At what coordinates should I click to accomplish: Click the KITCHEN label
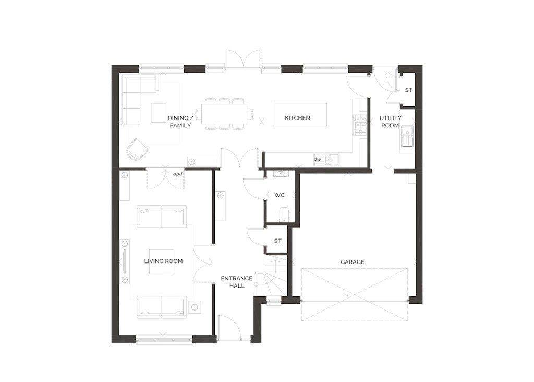click(297, 118)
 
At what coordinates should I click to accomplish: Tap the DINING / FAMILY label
click(180, 122)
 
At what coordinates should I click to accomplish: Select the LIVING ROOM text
click(163, 261)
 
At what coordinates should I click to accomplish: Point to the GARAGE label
click(353, 262)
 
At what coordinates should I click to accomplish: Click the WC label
click(280, 195)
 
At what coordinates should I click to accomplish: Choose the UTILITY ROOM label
click(390, 122)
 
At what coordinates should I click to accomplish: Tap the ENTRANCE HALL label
click(237, 282)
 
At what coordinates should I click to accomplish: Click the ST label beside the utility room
click(409, 90)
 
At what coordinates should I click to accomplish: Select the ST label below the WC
click(278, 241)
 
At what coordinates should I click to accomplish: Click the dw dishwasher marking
click(318, 159)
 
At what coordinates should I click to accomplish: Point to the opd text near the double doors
click(178, 174)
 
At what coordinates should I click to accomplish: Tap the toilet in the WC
click(283, 214)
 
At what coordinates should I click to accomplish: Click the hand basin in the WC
click(281, 173)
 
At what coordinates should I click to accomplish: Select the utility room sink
click(407, 136)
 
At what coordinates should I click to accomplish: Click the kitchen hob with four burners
click(361, 122)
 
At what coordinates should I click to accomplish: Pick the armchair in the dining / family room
click(138, 149)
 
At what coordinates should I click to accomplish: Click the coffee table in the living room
click(162, 265)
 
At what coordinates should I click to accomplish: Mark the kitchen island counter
click(300, 114)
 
